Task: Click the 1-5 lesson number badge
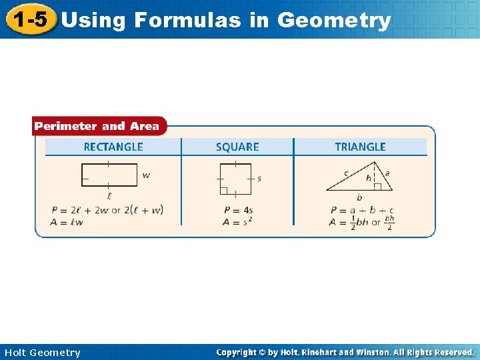[x=30, y=19]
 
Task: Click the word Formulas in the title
[x=188, y=20]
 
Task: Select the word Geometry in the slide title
[x=334, y=20]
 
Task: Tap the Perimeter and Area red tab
[x=97, y=126]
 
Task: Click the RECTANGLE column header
[x=113, y=147]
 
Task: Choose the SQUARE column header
[x=237, y=147]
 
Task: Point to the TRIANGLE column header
[x=360, y=147]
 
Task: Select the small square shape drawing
[x=234, y=179]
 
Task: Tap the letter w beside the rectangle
[x=146, y=176]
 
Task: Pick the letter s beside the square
[x=259, y=179]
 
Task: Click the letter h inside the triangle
[x=369, y=178]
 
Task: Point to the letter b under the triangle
[x=359, y=197]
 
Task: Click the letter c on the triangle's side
[x=346, y=173]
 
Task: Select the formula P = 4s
[x=239, y=210]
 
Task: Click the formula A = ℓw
[x=67, y=222]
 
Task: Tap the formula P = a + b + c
[x=362, y=210]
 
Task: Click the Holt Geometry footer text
[x=42, y=353]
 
